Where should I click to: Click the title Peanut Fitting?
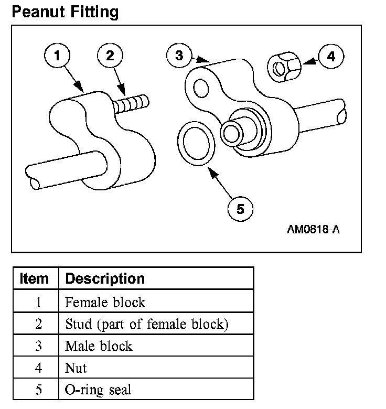65,12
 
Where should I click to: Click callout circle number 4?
331,56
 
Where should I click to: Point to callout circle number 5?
240,209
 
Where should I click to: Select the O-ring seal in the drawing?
195,145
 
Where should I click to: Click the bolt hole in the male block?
200,89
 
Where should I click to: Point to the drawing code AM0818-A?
313,230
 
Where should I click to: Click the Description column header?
104,278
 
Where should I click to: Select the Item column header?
34,278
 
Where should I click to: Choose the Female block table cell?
105,303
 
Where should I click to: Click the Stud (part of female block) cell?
147,324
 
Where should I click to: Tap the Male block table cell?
99,346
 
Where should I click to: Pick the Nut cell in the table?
76,368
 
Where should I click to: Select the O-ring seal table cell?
98,390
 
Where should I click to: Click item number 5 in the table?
38,390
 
